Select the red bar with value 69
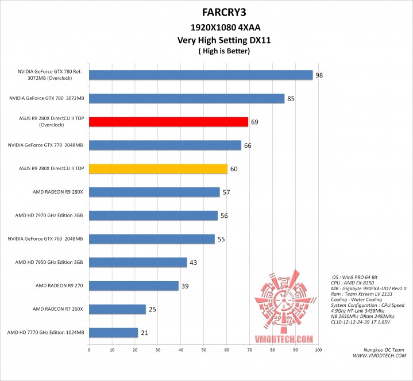point(168,122)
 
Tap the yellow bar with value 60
point(158,169)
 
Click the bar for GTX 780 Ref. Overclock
point(200,75)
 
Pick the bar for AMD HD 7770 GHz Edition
point(113,333)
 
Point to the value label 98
point(319,75)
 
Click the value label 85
point(291,99)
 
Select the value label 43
point(194,263)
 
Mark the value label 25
point(152,310)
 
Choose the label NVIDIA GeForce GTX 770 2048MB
point(46,145)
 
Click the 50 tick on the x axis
point(203,349)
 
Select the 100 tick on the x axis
point(318,349)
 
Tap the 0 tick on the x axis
point(89,349)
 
